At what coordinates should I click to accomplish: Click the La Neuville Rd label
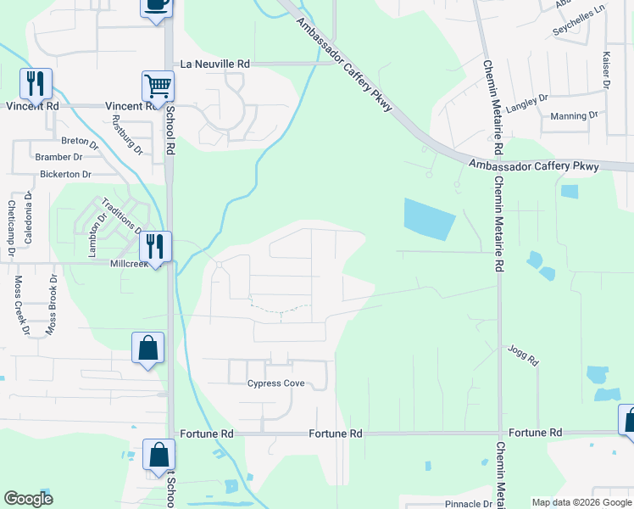point(215,64)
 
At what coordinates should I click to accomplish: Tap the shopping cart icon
point(157,85)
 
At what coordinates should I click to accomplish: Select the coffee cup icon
point(156,4)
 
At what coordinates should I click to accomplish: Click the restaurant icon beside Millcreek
point(154,246)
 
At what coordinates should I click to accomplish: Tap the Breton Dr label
point(81,141)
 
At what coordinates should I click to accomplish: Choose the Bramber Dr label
point(58,157)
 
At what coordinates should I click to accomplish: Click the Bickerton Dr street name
point(65,174)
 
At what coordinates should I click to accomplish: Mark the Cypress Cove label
point(275,383)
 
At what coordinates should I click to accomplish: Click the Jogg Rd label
point(524,355)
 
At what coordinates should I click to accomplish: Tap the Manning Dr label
point(575,116)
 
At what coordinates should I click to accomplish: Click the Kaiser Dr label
point(607,68)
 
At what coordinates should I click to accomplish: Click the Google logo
point(29,499)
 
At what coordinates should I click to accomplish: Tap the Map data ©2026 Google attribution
point(581,502)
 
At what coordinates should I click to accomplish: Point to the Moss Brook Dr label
point(53,303)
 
